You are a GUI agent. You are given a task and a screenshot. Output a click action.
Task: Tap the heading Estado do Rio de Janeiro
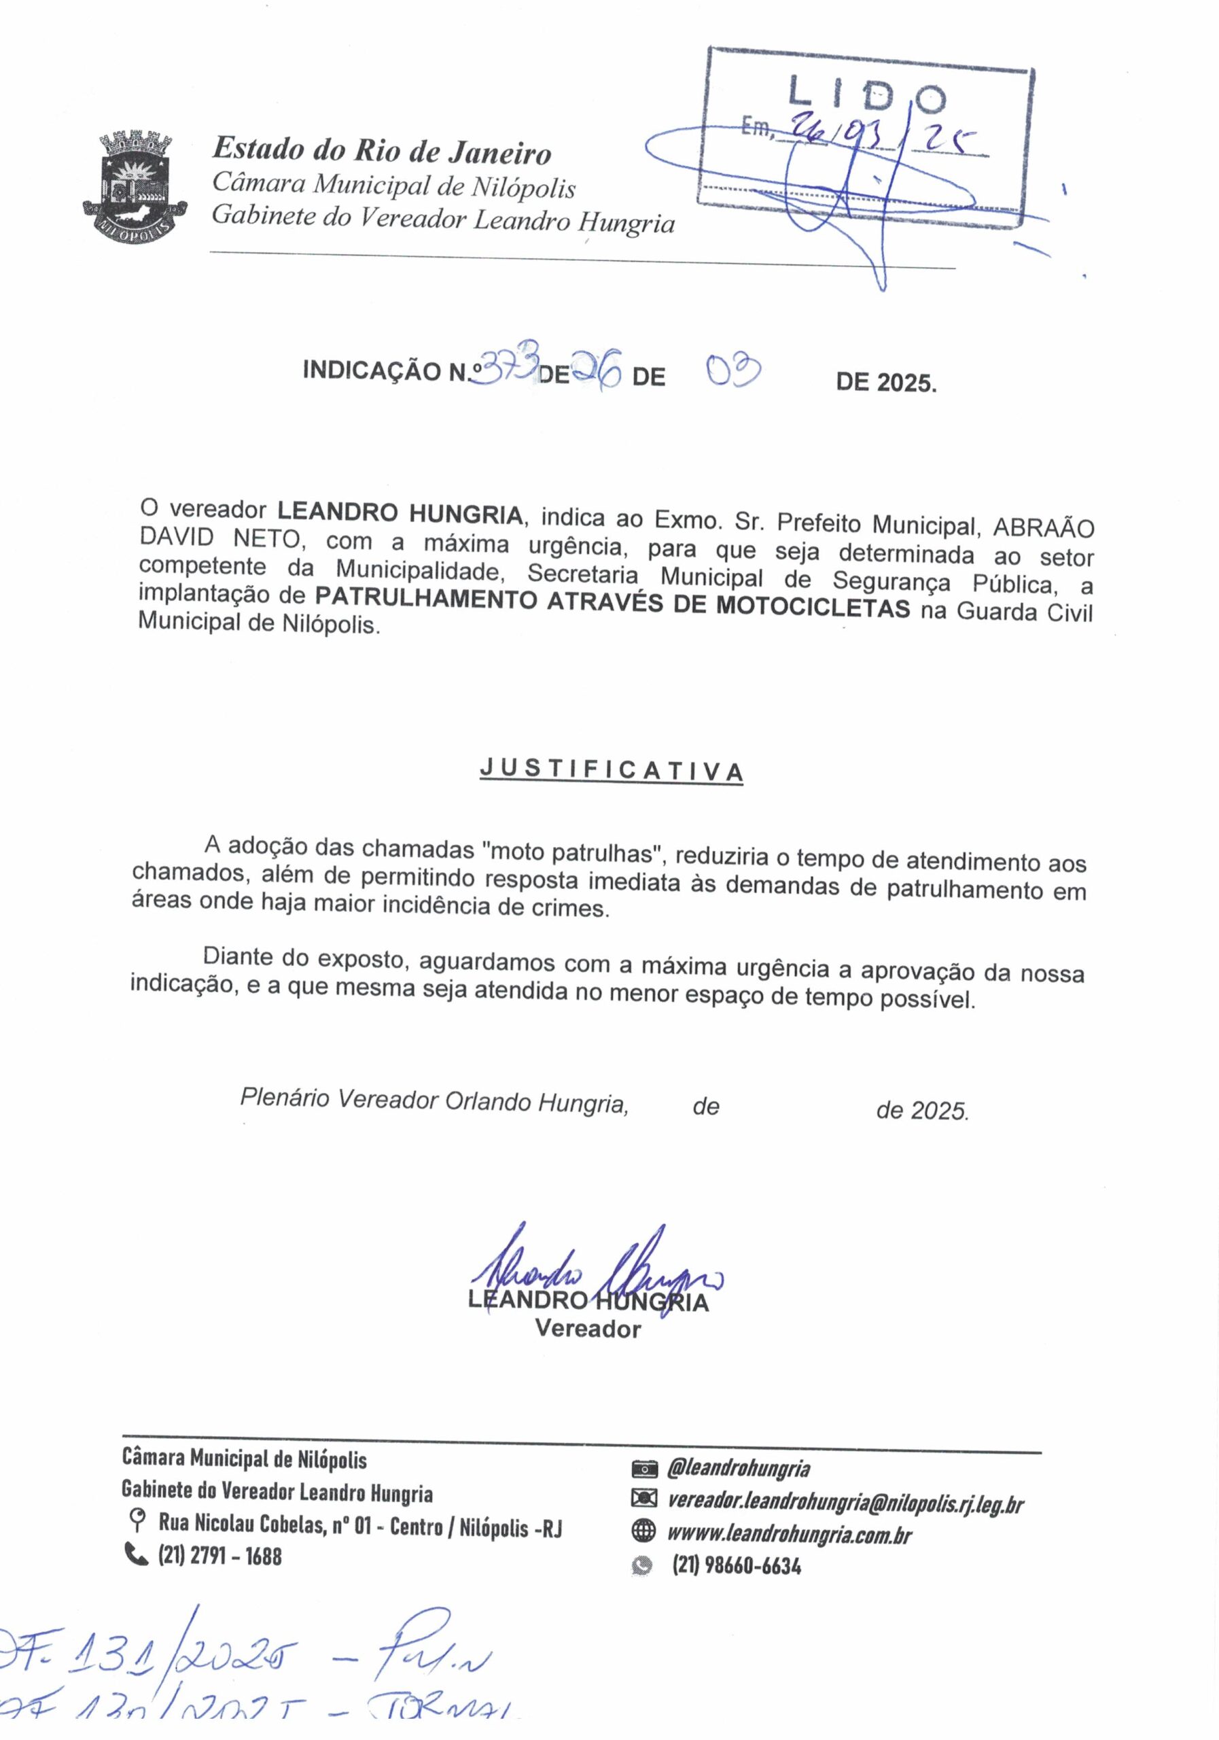pos(381,151)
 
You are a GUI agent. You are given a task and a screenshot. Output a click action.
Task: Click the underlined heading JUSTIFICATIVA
pos(611,770)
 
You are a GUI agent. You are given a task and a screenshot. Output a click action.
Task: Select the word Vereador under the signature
pos(588,1329)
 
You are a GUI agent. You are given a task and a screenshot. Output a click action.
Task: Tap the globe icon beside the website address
pos(643,1531)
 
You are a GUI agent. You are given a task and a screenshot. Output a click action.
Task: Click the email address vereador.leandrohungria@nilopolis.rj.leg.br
pos(845,1501)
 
